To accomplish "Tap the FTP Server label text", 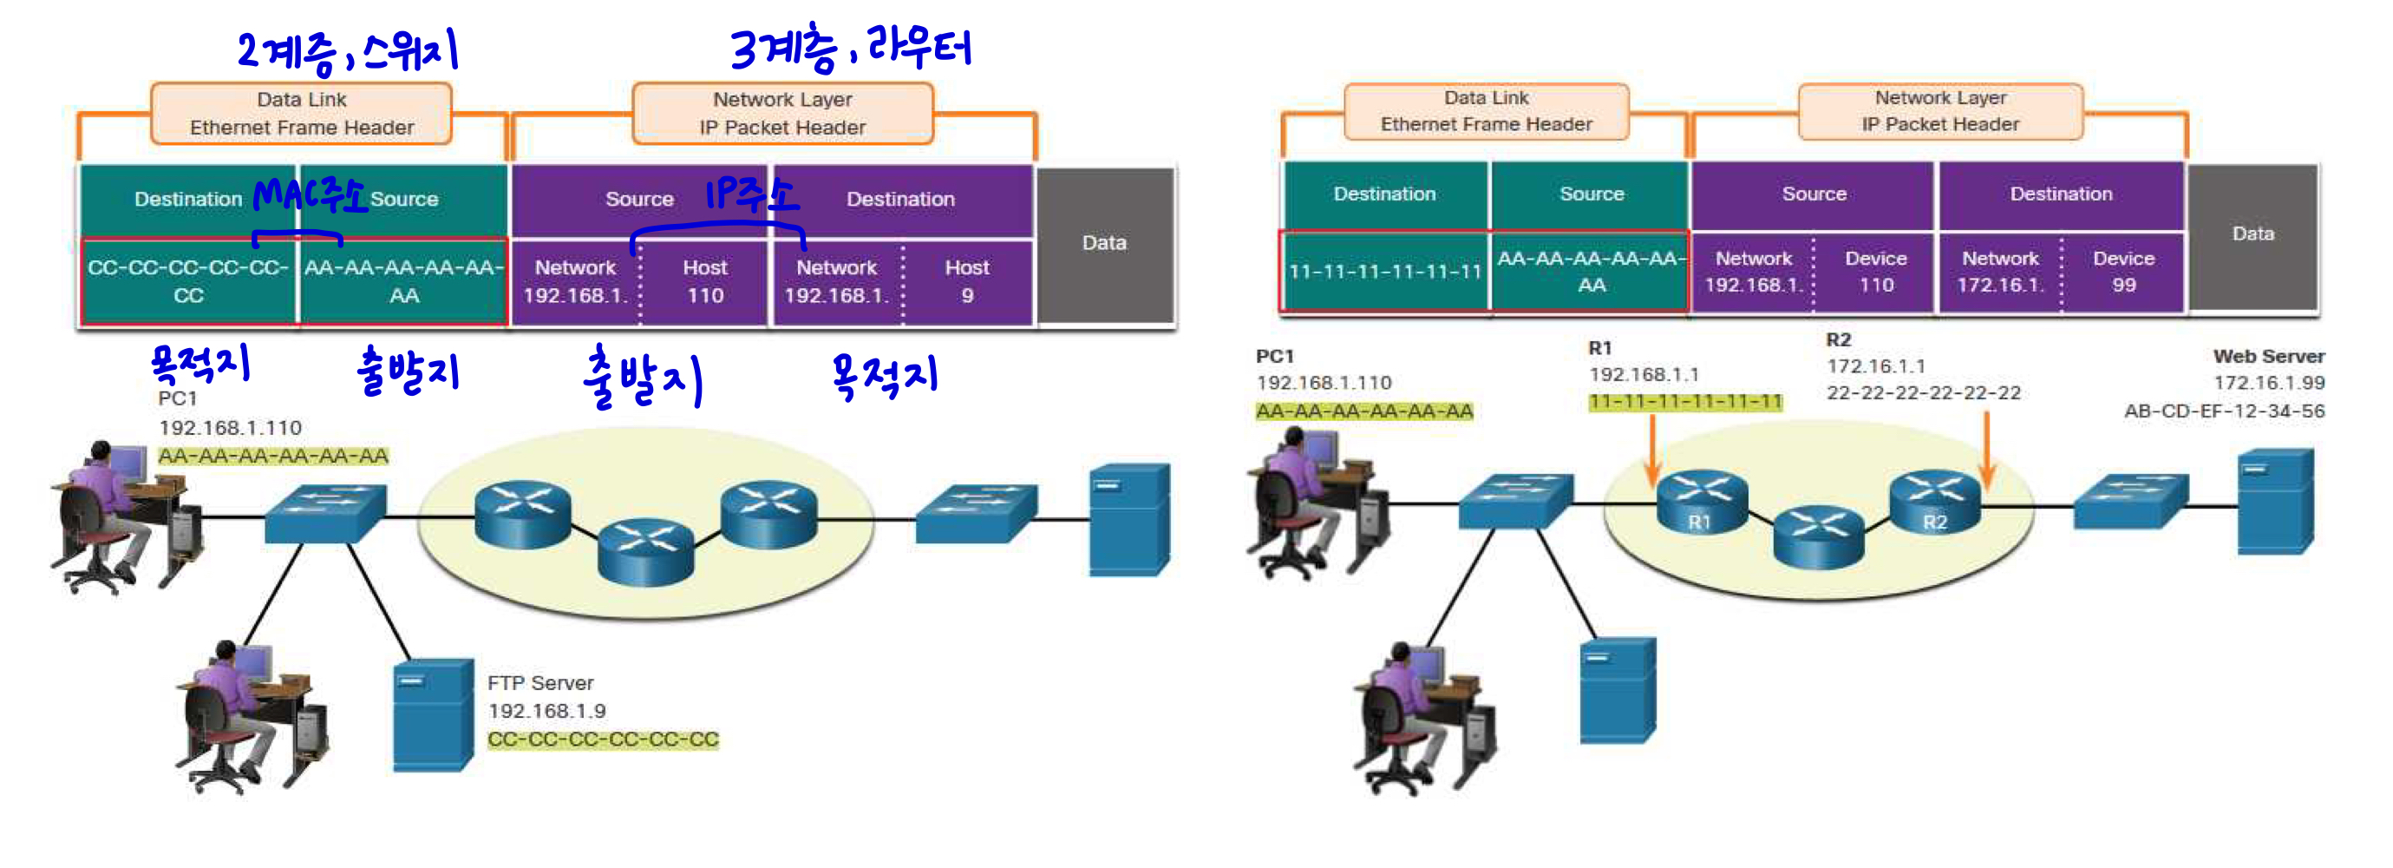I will [x=539, y=683].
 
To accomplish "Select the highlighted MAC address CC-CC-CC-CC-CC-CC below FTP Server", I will [x=603, y=740].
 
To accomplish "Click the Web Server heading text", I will [x=2267, y=356].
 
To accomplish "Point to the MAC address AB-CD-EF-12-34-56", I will [x=2224, y=411].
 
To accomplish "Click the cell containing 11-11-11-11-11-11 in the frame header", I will [x=1384, y=272].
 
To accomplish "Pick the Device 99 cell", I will [x=2122, y=272].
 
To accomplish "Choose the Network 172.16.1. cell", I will [x=2000, y=272].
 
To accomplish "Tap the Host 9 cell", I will [x=966, y=281].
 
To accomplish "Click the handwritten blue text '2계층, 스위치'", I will [x=349, y=52].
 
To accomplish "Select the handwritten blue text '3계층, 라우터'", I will [x=850, y=49].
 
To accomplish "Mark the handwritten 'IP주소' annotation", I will [x=750, y=194].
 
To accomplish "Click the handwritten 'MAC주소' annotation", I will [x=310, y=195].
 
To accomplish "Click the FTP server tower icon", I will [x=433, y=714].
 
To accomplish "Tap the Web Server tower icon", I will [x=2274, y=502].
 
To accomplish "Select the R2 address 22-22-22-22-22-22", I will [x=1923, y=393].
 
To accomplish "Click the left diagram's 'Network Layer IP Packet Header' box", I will [x=782, y=114].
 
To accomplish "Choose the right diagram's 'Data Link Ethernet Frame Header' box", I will [x=1486, y=111].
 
